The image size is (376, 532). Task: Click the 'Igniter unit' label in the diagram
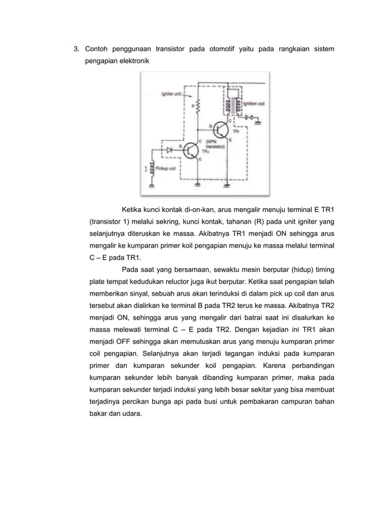[x=171, y=94]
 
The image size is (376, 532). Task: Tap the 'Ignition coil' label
[x=255, y=103]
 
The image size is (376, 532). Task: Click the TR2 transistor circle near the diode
[x=190, y=151]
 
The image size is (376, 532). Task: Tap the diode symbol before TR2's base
[x=171, y=150]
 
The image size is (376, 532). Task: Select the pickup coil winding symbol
[x=153, y=168]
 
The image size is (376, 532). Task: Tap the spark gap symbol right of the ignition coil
[x=250, y=118]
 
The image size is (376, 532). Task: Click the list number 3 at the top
[x=75, y=48]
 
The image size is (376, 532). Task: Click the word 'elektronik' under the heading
[x=132, y=61]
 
